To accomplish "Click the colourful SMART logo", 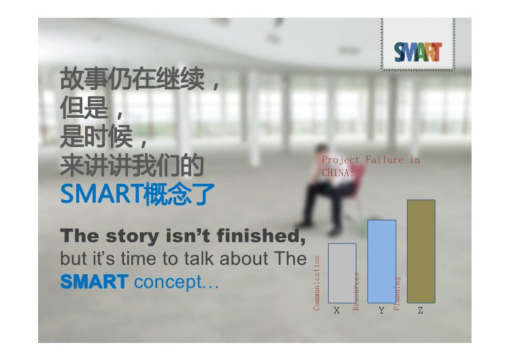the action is click(418, 52).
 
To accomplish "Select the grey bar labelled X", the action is click(342, 273).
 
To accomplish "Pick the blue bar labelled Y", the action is click(382, 261).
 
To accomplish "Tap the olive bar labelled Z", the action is click(421, 251).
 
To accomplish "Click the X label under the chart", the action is click(337, 310).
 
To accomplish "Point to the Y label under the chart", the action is click(382, 310).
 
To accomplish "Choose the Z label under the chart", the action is click(421, 310).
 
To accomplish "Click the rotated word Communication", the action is click(316, 282).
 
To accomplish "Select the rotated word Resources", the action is click(356, 291).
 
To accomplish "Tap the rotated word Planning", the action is click(397, 293).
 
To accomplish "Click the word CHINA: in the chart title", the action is click(338, 173).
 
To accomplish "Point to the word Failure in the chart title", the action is click(384, 160).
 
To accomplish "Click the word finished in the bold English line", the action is click(261, 235).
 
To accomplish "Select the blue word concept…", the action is click(176, 282).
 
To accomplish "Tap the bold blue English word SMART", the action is click(95, 282).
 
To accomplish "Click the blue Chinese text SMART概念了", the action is click(137, 194).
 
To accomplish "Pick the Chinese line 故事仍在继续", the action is click(133, 79).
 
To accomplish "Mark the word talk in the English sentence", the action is click(198, 259).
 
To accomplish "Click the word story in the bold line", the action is click(132, 237).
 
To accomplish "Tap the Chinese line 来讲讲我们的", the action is click(132, 165).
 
